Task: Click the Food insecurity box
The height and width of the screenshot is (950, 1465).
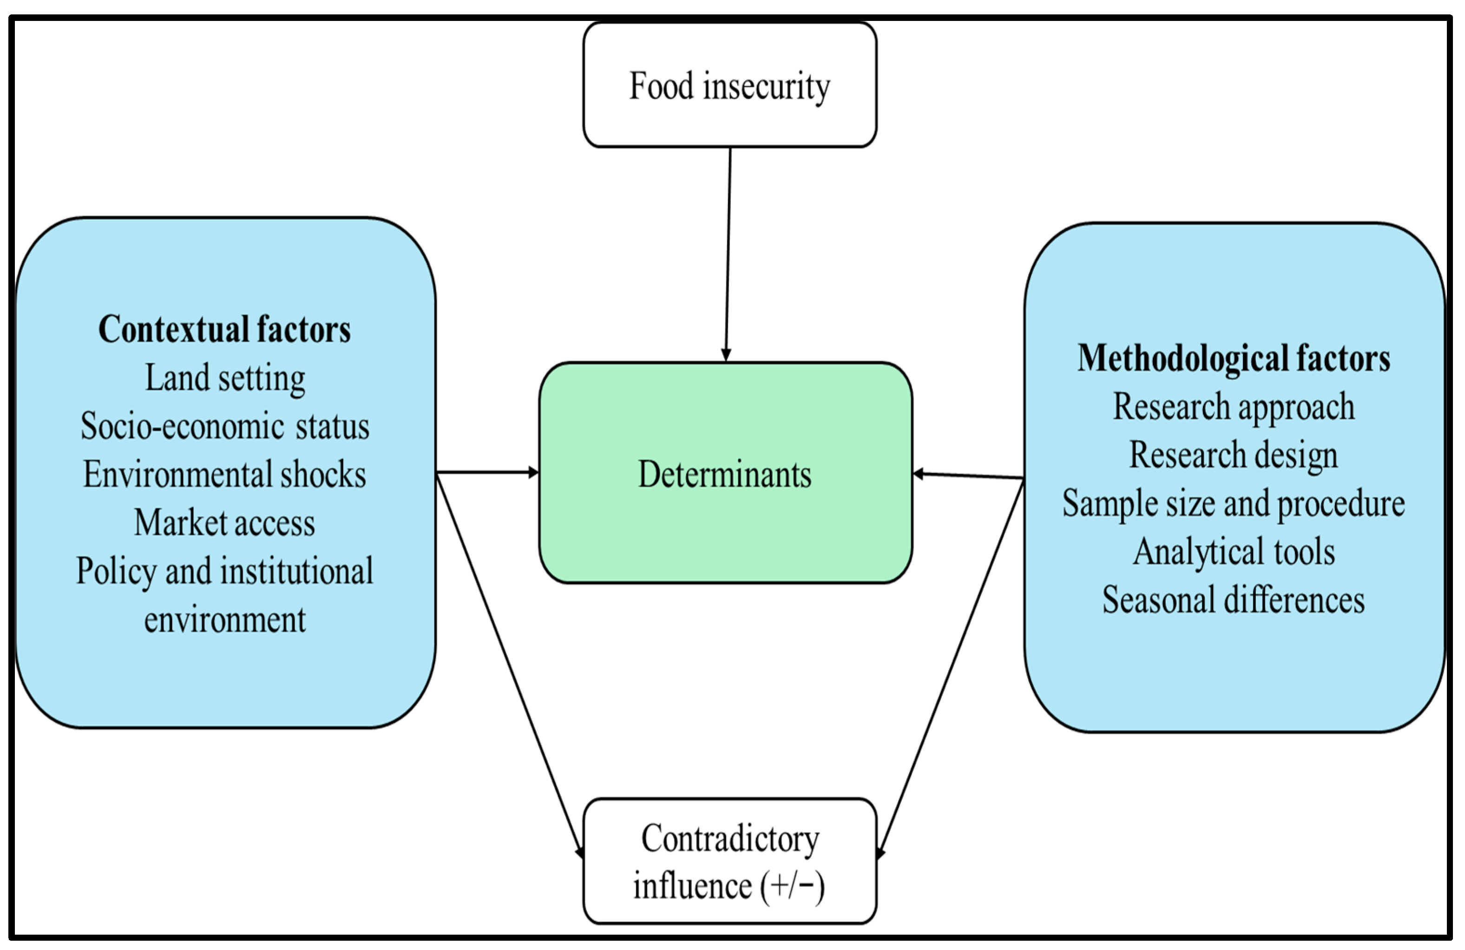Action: [x=729, y=85]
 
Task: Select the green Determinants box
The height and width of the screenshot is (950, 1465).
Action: [x=725, y=473]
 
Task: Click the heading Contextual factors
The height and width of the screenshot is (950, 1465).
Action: [x=225, y=330]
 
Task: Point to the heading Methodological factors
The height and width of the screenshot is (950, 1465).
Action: [x=1233, y=358]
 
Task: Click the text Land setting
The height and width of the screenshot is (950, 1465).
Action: [x=225, y=378]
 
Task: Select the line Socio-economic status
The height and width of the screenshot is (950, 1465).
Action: [x=225, y=426]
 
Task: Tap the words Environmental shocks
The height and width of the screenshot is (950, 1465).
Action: [x=225, y=474]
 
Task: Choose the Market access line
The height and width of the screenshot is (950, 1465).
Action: [x=225, y=523]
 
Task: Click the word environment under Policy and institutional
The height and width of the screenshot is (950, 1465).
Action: [x=225, y=620]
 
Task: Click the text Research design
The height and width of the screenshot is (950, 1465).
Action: [x=1233, y=455]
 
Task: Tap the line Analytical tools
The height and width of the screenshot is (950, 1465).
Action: [x=1233, y=552]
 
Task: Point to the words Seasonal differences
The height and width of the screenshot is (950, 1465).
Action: [x=1233, y=600]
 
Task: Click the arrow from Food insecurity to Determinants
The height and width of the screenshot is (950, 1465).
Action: [x=728, y=252]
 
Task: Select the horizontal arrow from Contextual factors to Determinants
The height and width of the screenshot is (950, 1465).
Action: [x=486, y=472]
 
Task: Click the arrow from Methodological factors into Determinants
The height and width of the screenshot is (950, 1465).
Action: [x=968, y=475]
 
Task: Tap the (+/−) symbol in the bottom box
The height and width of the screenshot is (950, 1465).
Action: [x=792, y=887]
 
